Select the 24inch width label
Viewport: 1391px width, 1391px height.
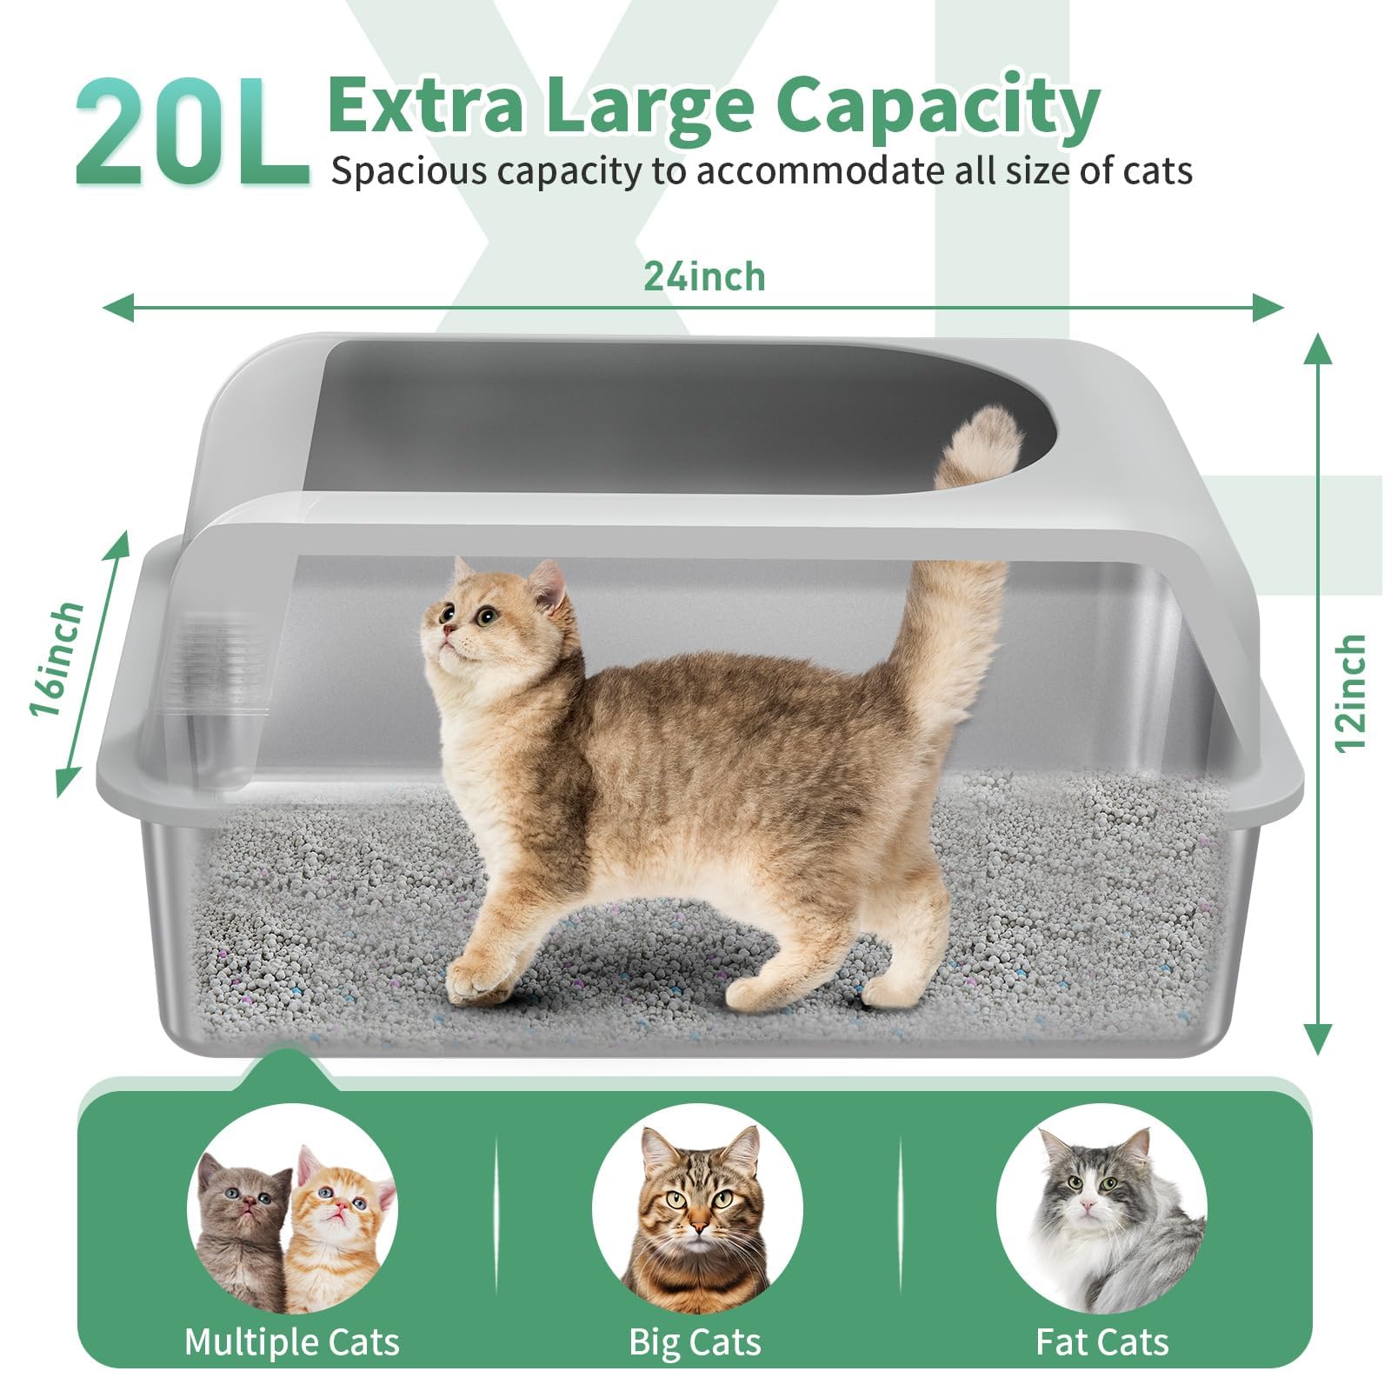click(704, 277)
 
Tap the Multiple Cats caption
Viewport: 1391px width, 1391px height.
click(292, 1341)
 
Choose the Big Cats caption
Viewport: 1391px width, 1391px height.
click(695, 1341)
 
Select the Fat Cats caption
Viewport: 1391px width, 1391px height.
click(1101, 1341)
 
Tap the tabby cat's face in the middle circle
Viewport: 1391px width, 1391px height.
click(695, 1200)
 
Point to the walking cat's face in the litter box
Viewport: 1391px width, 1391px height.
click(469, 622)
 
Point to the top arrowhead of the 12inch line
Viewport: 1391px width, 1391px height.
click(1319, 348)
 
